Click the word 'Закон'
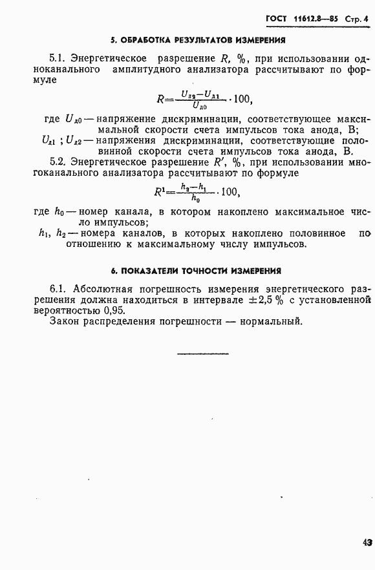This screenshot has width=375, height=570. [65, 321]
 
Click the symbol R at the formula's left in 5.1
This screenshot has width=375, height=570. [162, 99]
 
